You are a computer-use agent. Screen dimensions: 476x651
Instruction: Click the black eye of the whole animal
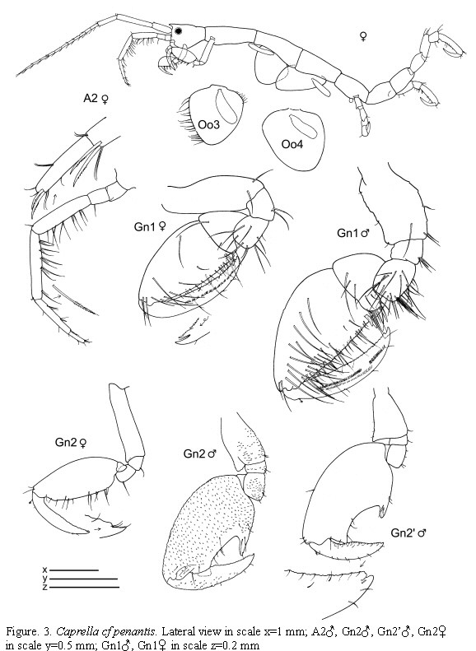178,30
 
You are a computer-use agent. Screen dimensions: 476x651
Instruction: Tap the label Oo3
209,124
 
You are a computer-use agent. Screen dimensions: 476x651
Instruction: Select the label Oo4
292,144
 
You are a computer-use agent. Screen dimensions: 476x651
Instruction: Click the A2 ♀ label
96,99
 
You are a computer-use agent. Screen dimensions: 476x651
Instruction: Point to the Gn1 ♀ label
151,226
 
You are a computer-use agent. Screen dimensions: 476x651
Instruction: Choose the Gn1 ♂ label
353,234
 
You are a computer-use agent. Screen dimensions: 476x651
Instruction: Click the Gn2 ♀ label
71,443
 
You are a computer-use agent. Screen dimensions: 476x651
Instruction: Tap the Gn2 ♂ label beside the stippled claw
201,453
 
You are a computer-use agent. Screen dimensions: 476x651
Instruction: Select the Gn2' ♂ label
408,532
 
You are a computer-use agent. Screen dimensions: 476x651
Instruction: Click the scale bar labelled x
74,570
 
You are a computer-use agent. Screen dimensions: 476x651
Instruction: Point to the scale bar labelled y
83,579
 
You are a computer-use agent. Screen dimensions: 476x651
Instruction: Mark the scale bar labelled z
84,587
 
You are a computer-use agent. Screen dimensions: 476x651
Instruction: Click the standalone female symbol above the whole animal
363,37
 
